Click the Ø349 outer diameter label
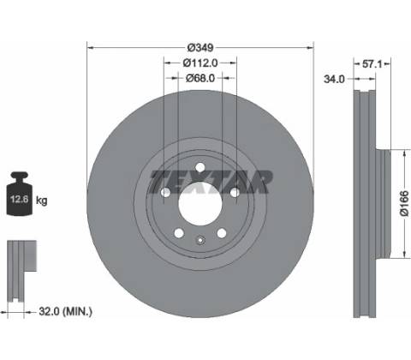(200, 47)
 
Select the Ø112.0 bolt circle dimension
(200, 63)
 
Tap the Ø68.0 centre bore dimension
(200, 78)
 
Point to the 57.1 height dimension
(372, 64)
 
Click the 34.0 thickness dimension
(334, 79)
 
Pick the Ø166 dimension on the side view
(404, 204)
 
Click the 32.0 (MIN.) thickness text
(65, 311)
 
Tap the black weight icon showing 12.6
(20, 194)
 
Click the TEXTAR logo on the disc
(211, 182)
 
